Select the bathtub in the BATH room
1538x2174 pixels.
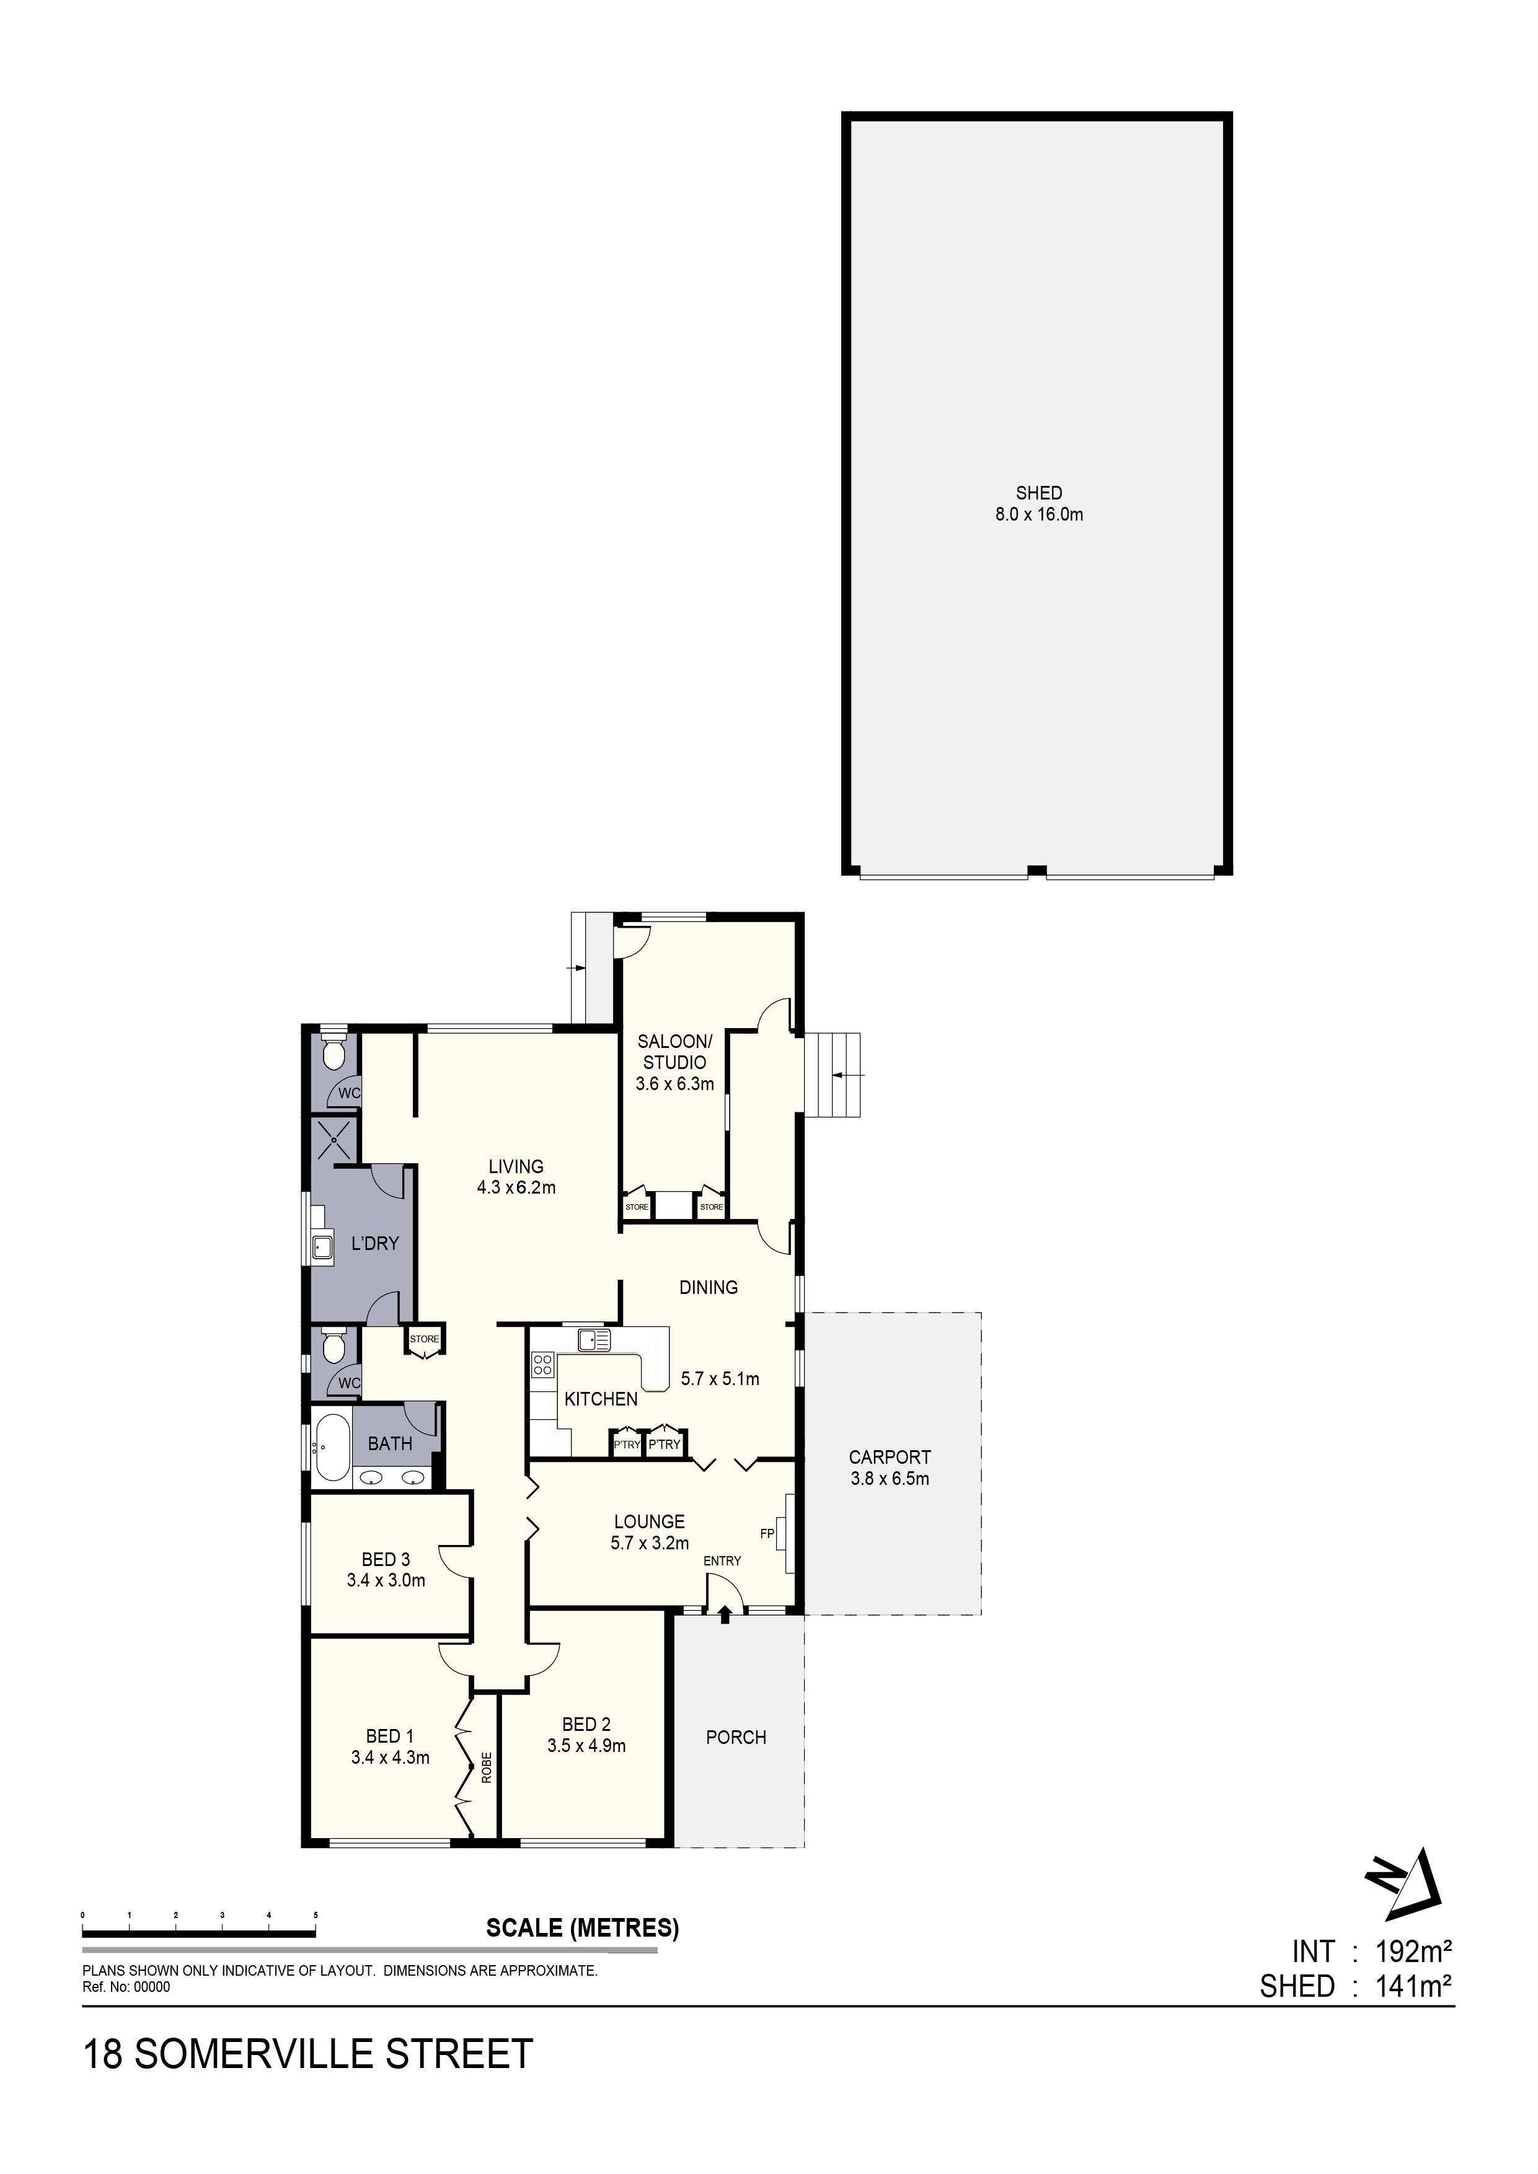pyautogui.click(x=332, y=1447)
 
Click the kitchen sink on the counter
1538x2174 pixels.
pyautogui.click(x=594, y=1339)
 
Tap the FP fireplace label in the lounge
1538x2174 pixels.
pyautogui.click(x=767, y=1532)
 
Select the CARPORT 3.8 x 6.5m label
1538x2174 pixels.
pyautogui.click(x=890, y=1468)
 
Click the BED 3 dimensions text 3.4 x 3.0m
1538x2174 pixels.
pyautogui.click(x=386, y=1580)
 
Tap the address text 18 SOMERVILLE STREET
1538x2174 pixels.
pyautogui.click(x=309, y=2054)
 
